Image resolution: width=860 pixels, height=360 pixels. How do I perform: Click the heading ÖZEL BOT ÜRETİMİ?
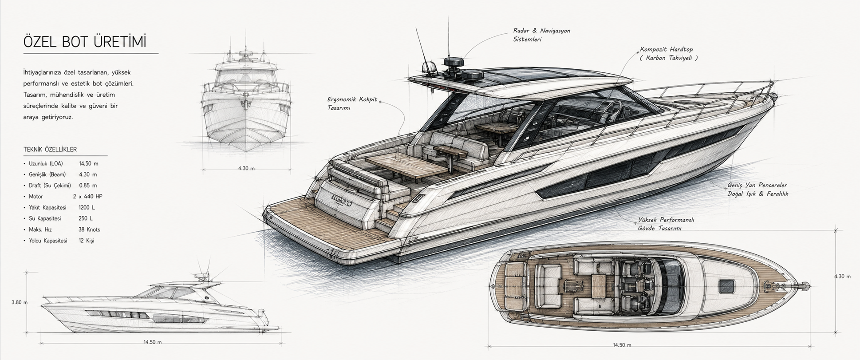(85, 42)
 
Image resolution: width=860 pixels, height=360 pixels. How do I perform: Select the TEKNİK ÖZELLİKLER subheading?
(50, 150)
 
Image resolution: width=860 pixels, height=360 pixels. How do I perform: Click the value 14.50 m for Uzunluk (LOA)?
(88, 163)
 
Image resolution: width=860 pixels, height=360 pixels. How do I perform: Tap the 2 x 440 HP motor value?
(88, 196)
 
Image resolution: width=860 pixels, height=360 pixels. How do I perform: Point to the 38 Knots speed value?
(89, 229)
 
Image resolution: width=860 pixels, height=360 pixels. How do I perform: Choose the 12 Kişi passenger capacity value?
(87, 241)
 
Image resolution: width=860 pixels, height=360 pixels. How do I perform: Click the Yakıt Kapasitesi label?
(47, 207)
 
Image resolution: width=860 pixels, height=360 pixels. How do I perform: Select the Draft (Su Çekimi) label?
(50, 186)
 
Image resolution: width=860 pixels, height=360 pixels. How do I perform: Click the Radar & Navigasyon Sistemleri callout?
(541, 35)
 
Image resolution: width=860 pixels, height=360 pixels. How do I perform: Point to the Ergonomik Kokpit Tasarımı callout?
(352, 103)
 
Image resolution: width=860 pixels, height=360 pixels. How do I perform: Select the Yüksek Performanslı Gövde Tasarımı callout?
(666, 224)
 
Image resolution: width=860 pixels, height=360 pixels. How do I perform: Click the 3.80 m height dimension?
(20, 302)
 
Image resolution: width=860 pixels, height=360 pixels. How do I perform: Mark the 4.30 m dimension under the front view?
(246, 168)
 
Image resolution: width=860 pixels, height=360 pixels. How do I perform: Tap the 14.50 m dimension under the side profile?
(152, 342)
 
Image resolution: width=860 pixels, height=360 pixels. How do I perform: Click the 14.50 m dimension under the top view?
(622, 345)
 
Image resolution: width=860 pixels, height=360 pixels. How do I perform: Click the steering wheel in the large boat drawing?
(612, 111)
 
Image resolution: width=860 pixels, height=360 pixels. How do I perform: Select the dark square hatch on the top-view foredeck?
(726, 286)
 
